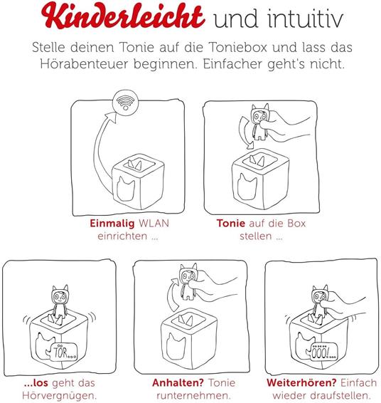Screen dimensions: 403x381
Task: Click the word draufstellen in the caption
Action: [323, 395]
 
